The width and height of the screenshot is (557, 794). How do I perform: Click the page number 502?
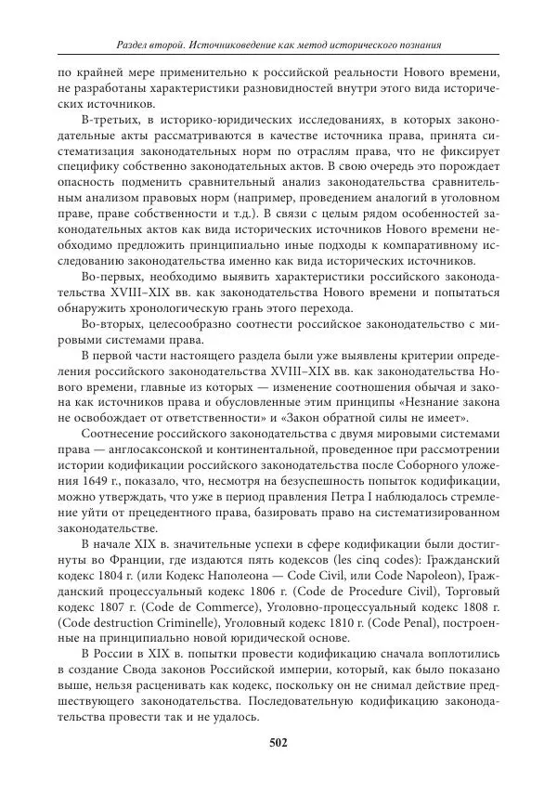click(278, 742)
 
